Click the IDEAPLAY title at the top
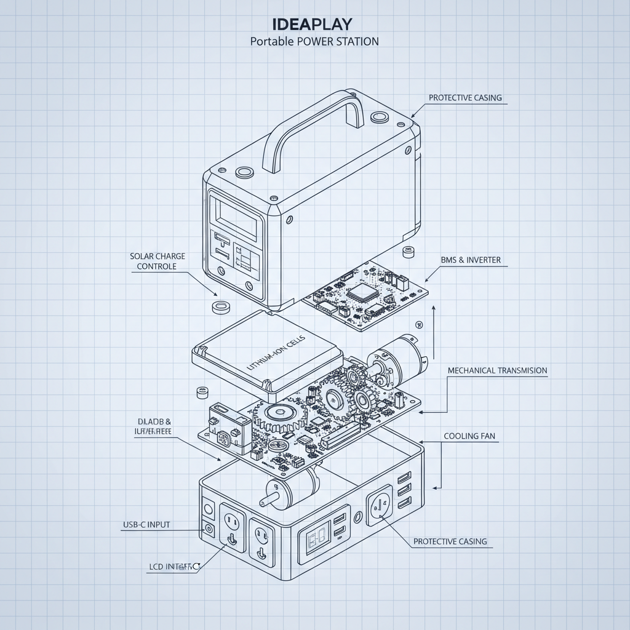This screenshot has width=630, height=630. click(x=312, y=24)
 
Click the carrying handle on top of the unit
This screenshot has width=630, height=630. click(x=313, y=127)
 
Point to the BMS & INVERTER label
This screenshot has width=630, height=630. click(x=471, y=260)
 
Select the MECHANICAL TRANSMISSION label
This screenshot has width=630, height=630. click(x=497, y=370)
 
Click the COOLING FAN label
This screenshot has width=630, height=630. click(x=469, y=436)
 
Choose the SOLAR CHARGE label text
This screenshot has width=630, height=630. click(x=157, y=256)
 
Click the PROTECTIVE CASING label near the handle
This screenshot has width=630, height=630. click(x=465, y=98)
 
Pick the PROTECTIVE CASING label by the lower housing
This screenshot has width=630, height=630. click(x=450, y=541)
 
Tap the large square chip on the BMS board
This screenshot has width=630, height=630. click(x=360, y=292)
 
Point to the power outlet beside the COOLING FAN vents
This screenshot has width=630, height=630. click(x=379, y=508)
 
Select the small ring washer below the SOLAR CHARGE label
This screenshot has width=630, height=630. click(x=220, y=306)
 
